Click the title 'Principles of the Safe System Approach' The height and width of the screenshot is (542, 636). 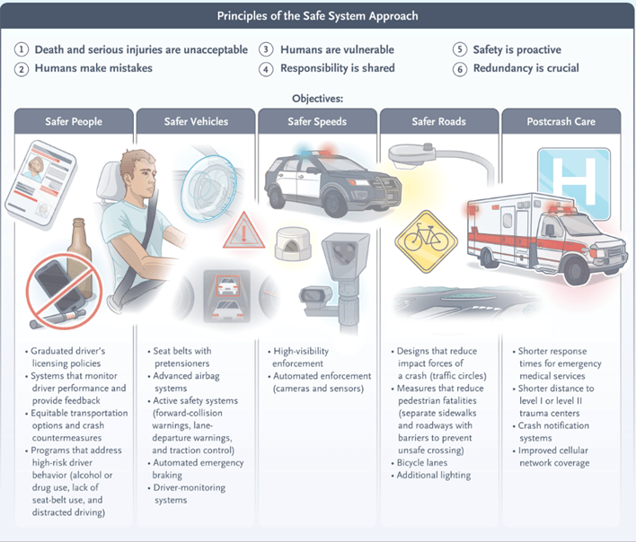point(318,16)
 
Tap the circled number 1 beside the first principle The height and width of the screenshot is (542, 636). point(22,49)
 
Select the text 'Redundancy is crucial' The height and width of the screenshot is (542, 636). point(526,68)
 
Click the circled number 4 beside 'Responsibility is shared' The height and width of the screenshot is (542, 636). point(266,68)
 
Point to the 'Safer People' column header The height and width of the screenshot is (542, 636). point(75,121)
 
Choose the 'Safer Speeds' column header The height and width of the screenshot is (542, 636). point(318,121)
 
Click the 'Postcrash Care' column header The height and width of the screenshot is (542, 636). point(561,121)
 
